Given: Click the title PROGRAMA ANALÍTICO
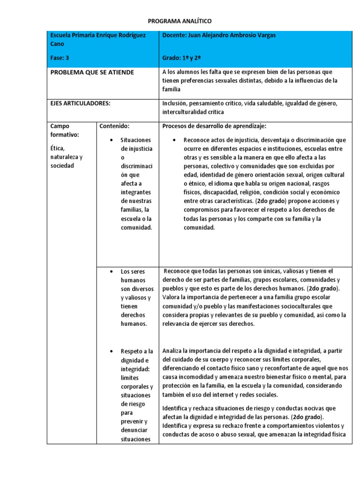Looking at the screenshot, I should click(x=180, y=21).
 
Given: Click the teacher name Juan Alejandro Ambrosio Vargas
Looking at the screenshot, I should click(x=235, y=35).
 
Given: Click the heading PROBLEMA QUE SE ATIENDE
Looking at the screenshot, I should click(x=92, y=72).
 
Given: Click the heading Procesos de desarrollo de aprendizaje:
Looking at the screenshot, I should click(x=214, y=126).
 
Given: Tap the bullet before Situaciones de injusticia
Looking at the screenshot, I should click(x=109, y=140).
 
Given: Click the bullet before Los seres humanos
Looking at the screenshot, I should click(x=109, y=271).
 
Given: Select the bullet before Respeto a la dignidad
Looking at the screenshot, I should click(x=109, y=351).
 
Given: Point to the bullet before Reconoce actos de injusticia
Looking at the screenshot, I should click(x=174, y=140).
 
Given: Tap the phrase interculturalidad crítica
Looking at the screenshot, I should click(x=192, y=112).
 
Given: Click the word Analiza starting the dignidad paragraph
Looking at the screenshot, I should click(x=172, y=351).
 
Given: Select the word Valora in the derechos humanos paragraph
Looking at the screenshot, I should click(x=171, y=298).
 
